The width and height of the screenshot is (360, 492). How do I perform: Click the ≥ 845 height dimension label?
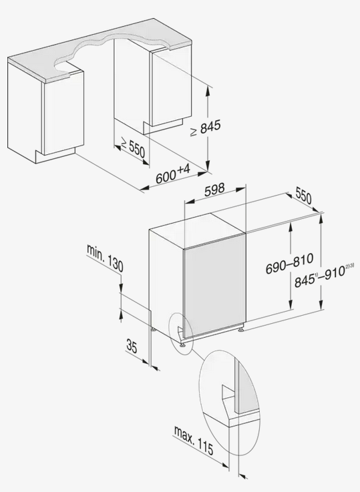tap(205, 128)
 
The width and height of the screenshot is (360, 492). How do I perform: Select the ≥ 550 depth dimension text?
tap(132, 148)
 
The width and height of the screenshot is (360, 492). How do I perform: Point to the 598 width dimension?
tap(214, 190)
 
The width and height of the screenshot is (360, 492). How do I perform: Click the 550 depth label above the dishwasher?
tap(303, 197)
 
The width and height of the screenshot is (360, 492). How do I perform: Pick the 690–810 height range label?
tap(289, 264)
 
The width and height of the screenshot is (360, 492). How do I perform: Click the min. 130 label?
tap(105, 258)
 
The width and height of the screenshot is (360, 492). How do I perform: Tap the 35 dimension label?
tap(132, 345)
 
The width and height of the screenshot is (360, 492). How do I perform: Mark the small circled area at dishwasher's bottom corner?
tap(181, 333)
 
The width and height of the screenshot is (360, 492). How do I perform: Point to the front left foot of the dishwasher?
tap(182, 344)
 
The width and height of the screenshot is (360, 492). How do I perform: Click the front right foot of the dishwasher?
tap(240, 330)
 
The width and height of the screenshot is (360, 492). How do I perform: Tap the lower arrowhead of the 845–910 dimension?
tap(321, 304)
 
